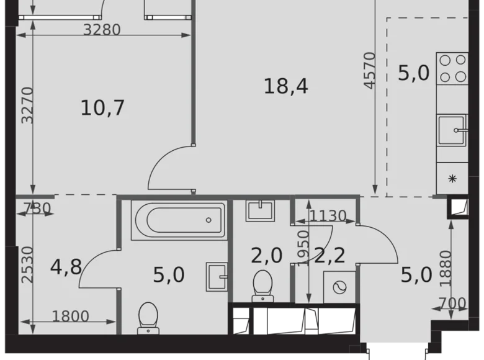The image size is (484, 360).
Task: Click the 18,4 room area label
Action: point(286,87)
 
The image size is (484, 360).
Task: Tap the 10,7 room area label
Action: point(103,108)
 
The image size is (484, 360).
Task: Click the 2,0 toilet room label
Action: point(266,255)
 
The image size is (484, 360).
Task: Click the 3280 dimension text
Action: point(102,29)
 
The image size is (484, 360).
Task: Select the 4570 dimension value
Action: point(370,71)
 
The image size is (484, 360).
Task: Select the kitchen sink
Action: point(452,130)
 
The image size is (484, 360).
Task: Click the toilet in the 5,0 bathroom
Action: point(148,317)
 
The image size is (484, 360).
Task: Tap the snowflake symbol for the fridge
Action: point(452,179)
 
